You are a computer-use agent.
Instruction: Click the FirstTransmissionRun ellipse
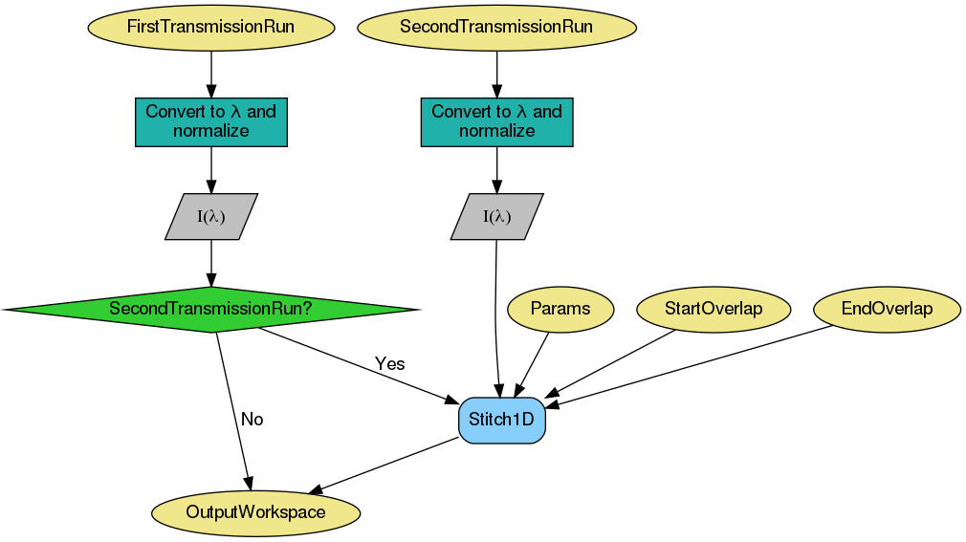pos(210,27)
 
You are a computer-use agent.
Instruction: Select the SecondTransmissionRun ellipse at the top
pos(496,27)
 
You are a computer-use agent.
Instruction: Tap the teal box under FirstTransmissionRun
pos(210,121)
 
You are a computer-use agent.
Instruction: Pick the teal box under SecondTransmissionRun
pos(496,121)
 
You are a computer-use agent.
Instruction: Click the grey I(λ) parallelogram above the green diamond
pos(210,216)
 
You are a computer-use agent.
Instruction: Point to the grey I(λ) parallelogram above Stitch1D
pos(496,216)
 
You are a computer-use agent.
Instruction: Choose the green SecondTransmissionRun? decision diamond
pos(210,309)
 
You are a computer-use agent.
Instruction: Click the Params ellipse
pos(560,309)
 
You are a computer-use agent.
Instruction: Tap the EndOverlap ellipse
pos(887,309)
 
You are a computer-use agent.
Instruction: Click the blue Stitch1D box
pos(502,420)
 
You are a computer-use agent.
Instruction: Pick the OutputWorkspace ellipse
pos(255,512)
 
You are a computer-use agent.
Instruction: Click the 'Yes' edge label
pos(389,364)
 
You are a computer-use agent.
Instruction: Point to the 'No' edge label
pos(252,420)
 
